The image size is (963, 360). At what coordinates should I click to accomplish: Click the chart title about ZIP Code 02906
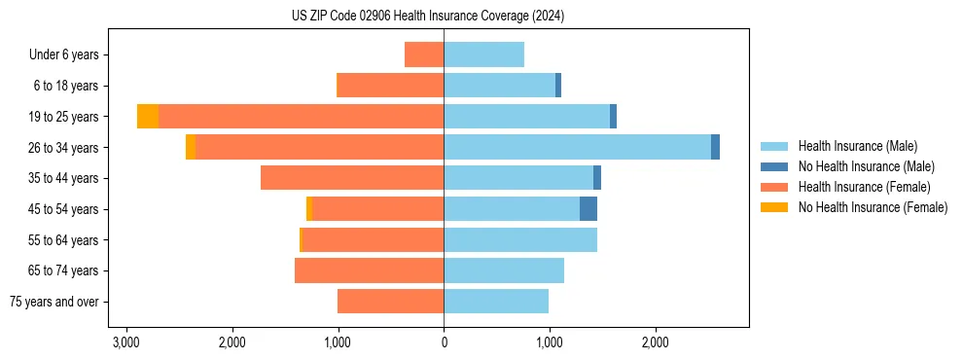(427, 17)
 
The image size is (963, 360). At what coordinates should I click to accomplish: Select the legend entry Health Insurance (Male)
(857, 146)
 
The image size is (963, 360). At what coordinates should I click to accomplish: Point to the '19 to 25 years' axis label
(65, 117)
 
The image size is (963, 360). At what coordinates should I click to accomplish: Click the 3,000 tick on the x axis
(125, 342)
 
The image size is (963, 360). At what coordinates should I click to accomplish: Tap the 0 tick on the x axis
(444, 342)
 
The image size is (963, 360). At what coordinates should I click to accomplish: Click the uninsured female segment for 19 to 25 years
(148, 117)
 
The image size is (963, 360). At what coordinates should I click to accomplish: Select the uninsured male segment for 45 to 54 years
(588, 209)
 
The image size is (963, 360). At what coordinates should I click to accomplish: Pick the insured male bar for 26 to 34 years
(577, 147)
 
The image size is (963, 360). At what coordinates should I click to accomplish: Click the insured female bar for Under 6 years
(424, 54)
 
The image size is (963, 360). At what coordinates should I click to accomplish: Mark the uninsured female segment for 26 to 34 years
(191, 147)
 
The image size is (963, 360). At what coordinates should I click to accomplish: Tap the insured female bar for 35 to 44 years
(352, 178)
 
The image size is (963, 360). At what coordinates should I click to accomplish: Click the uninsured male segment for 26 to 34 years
(716, 147)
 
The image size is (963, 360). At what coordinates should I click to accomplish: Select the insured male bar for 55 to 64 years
(520, 239)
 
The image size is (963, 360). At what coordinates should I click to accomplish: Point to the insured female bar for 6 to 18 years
(390, 86)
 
